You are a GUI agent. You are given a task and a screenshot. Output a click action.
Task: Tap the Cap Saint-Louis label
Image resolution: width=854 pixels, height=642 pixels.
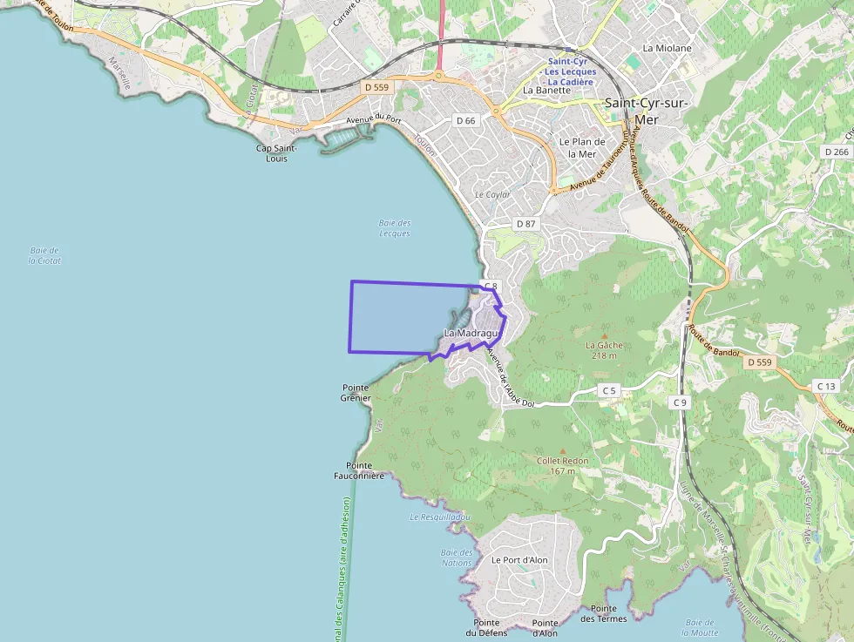pos(276,153)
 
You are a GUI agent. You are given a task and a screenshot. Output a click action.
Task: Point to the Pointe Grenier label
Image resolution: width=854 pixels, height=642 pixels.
pos(356,392)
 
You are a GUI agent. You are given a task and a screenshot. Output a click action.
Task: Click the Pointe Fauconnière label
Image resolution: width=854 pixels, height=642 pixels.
pos(358,470)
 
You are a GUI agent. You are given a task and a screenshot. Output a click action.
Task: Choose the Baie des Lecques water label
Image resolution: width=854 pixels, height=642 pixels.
pos(395,228)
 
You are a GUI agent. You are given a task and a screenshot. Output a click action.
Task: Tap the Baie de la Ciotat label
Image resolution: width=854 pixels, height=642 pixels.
pos(44,255)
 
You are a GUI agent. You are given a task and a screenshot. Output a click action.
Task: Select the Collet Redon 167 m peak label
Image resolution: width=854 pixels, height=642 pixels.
pos(562,466)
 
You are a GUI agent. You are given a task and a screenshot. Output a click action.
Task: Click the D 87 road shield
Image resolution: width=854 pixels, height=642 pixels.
pos(525,224)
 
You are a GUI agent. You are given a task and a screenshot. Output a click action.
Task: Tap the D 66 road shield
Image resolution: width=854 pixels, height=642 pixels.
pos(465,120)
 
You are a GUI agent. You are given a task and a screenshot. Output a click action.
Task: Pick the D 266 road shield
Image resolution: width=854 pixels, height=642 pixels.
pos(836,152)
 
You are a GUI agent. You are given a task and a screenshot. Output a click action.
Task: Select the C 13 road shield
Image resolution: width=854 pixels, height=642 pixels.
pos(826,386)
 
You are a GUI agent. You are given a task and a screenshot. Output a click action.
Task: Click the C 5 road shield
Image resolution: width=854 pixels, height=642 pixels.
pos(608,391)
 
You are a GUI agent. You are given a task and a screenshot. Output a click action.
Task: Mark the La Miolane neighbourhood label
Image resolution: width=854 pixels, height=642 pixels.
pos(667,48)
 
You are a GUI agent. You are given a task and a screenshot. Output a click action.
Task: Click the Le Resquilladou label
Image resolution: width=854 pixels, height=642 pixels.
pos(439,517)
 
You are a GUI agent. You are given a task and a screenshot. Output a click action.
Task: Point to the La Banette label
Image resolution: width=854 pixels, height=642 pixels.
pos(546,90)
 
